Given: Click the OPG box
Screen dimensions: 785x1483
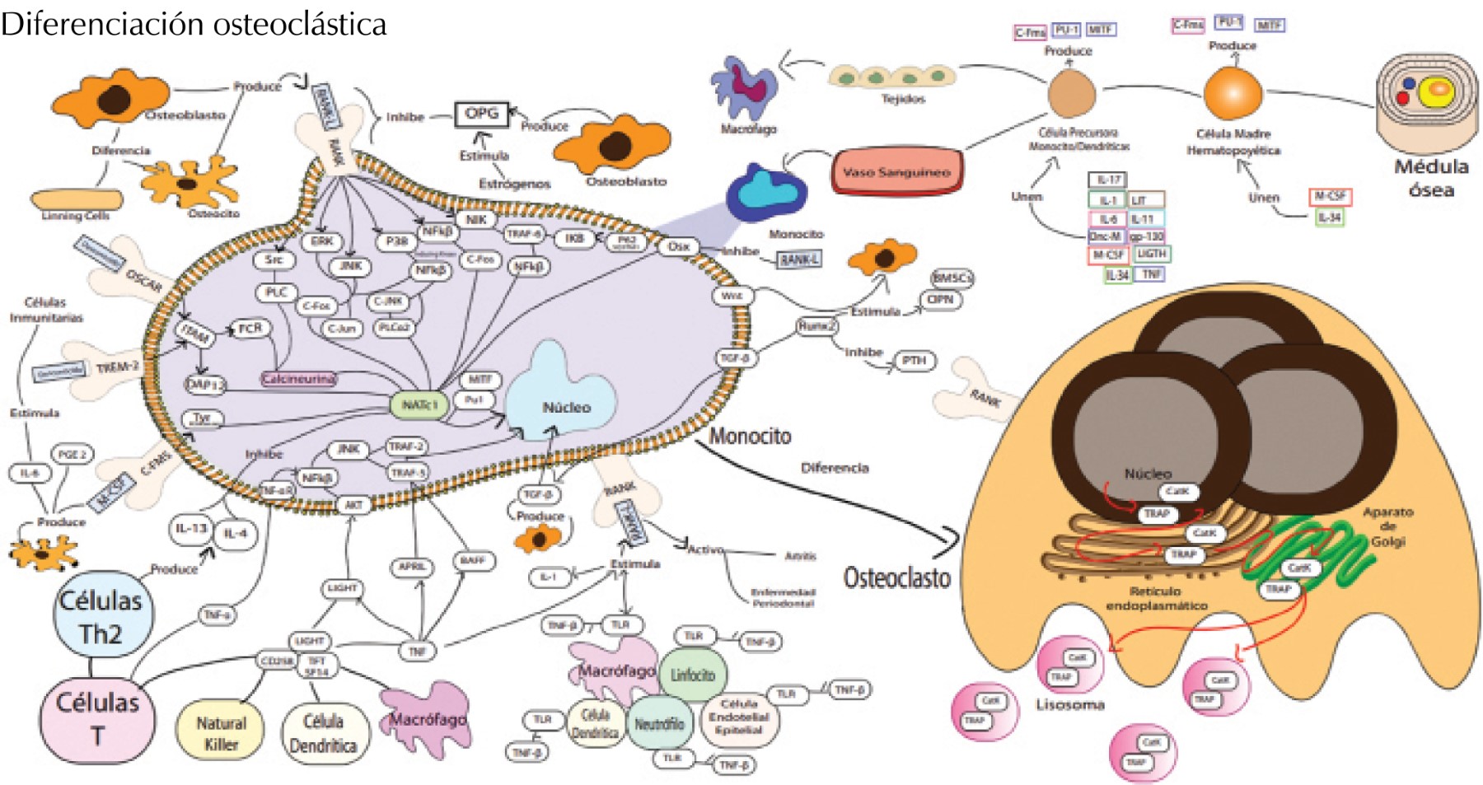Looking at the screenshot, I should tap(481, 114).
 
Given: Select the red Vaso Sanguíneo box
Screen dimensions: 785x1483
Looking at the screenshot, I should tap(896, 172).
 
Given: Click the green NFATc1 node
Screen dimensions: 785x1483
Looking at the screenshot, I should tap(419, 404).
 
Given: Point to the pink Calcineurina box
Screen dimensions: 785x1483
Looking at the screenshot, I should tap(298, 379).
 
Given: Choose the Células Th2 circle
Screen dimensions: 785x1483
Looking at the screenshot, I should tap(101, 617).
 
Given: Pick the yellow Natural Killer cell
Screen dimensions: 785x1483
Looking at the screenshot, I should tap(220, 732).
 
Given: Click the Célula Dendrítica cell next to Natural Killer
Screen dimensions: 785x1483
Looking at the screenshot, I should tap(323, 732).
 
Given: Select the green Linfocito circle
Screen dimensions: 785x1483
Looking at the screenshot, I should tap(692, 675).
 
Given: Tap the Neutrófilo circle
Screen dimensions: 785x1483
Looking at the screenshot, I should tap(658, 724).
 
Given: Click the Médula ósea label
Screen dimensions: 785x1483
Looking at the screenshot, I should tap(1430, 177).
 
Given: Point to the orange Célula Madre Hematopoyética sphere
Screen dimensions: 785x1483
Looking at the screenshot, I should tap(1233, 93).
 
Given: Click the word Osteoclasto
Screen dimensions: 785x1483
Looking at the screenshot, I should tap(896, 577).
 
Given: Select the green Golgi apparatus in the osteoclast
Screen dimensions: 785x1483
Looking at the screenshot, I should tap(1310, 549).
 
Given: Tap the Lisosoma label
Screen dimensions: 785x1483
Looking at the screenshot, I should tap(1069, 705).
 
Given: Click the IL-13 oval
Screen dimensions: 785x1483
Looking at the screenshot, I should tap(191, 528).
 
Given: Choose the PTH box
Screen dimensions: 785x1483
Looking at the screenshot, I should tap(914, 360).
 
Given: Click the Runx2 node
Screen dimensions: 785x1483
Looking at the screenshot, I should tap(816, 326).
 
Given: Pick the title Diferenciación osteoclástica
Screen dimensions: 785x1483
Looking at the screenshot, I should tap(194, 24).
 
